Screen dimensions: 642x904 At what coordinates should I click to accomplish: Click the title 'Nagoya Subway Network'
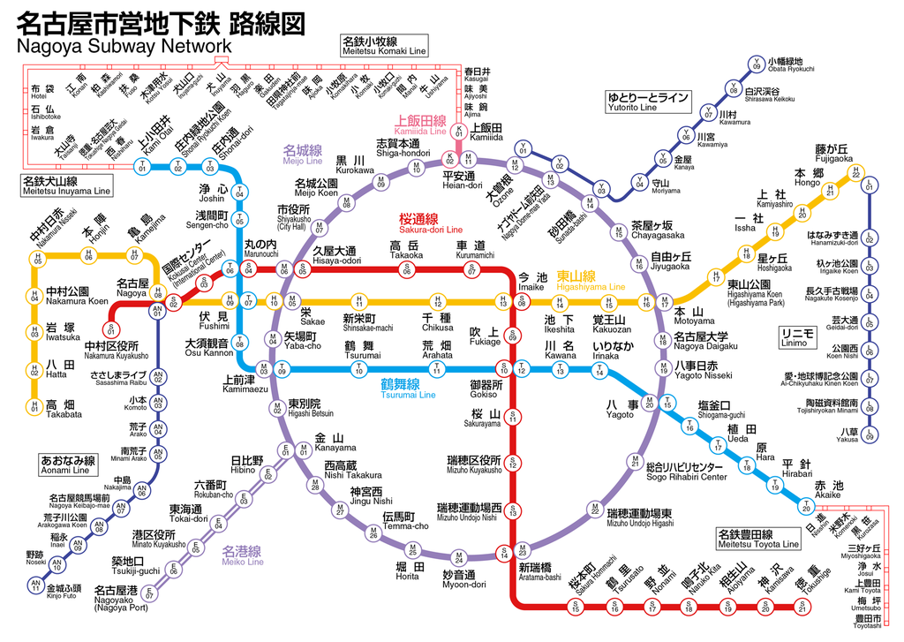(124, 46)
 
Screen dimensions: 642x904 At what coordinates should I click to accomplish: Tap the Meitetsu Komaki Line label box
(383, 46)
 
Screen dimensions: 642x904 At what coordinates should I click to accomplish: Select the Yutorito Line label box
(646, 102)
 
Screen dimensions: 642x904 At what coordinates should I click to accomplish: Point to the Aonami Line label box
(67, 465)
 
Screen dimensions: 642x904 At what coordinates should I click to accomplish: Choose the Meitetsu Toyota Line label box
(757, 539)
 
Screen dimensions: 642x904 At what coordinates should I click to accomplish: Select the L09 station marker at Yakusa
(870, 435)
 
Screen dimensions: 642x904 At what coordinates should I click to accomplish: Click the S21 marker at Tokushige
(802, 607)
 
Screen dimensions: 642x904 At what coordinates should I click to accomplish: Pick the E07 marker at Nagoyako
(150, 594)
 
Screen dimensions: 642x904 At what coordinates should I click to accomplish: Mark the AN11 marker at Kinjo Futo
(35, 585)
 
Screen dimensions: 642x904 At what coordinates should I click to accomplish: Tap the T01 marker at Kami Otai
(142, 167)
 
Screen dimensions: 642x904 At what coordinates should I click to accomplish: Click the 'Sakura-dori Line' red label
(431, 223)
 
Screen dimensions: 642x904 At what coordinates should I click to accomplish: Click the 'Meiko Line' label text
(242, 555)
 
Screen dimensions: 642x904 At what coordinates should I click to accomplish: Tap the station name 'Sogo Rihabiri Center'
(686, 472)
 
